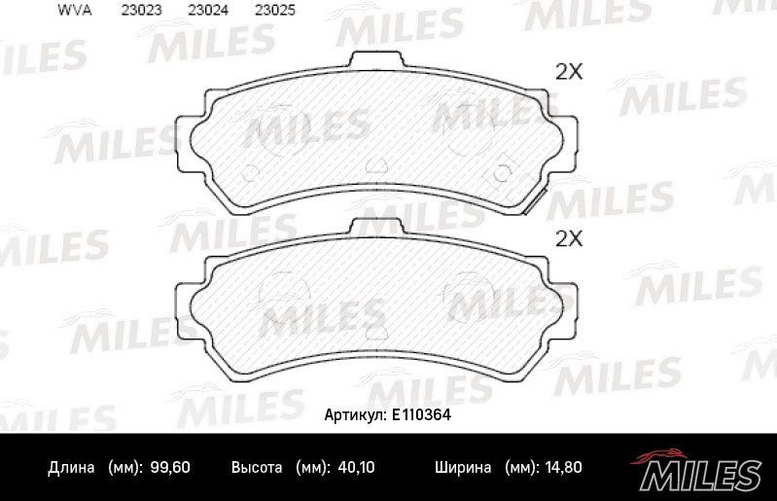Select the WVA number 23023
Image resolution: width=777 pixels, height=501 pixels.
point(141,12)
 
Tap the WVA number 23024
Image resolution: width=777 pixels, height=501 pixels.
point(208,12)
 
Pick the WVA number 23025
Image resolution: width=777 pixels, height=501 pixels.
point(274,12)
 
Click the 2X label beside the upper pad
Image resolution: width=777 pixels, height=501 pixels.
point(567,71)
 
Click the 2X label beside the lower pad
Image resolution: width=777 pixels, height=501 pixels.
point(567,238)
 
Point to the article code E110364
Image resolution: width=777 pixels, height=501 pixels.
point(420,413)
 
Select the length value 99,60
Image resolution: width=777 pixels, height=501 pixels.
point(170,468)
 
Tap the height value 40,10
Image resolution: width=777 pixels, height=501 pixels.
point(355,468)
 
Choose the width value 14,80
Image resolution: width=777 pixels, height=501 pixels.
point(562,468)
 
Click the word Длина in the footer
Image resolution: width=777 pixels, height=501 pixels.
point(71,468)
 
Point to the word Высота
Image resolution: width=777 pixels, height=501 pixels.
point(257,468)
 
